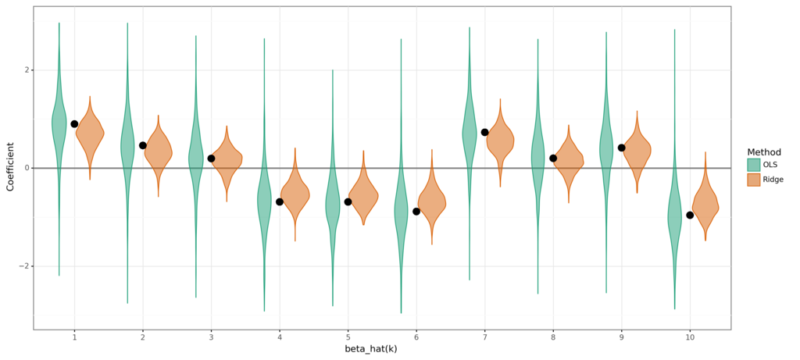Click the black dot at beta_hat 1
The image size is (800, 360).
[x=74, y=124]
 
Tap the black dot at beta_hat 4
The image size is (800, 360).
[x=280, y=201]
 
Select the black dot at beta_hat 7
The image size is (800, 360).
[x=484, y=133]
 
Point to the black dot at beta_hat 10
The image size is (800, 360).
[x=690, y=215]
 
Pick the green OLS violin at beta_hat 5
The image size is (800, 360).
[x=333, y=205]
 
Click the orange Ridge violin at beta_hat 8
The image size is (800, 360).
[x=568, y=160]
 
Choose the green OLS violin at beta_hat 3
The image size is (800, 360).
[x=196, y=156]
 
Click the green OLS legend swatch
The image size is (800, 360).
[x=753, y=165]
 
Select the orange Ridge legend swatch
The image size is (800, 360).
[x=753, y=180]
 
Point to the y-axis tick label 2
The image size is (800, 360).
[x=26, y=70]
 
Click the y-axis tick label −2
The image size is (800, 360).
[x=23, y=266]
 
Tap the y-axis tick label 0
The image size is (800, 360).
[x=26, y=168]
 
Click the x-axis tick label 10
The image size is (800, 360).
[x=690, y=337]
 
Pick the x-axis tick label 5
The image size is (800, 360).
[x=348, y=337]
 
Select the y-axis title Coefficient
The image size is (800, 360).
[x=10, y=166]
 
